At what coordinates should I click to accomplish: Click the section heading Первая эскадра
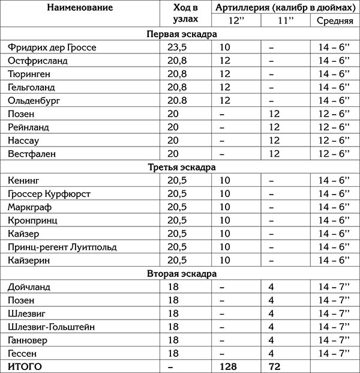click(x=180, y=34)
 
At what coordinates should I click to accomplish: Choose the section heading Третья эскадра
click(x=180, y=167)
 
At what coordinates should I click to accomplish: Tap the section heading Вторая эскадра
click(x=180, y=273)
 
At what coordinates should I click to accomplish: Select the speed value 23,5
click(x=180, y=47)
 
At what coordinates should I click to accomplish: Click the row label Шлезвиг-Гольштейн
click(x=52, y=326)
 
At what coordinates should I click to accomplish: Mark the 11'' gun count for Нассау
click(x=275, y=141)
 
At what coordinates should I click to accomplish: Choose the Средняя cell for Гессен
click(x=334, y=353)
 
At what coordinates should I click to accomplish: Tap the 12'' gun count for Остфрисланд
click(x=225, y=61)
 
